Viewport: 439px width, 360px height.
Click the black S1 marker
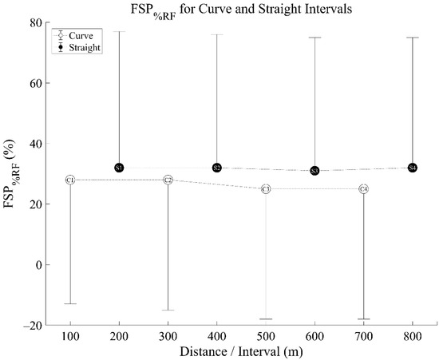(x=119, y=168)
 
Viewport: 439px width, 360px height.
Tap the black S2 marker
(x=217, y=168)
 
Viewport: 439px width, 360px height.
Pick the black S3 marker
(x=314, y=171)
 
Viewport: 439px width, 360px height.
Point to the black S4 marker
(x=413, y=168)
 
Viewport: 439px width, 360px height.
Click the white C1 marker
(x=70, y=180)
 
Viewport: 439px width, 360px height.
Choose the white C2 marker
(x=168, y=180)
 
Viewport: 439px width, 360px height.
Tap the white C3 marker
(x=266, y=189)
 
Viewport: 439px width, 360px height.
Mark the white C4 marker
(x=364, y=189)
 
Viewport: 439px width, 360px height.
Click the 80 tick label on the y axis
(x=35, y=22)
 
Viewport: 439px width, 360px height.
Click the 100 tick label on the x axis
(x=70, y=338)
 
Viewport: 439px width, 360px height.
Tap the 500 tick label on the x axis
(x=266, y=338)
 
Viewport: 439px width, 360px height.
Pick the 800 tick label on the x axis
(x=413, y=338)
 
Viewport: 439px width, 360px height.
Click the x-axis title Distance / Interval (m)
(x=241, y=351)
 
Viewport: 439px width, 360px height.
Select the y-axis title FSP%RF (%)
(x=13, y=174)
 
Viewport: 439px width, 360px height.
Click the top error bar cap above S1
(x=119, y=31)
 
